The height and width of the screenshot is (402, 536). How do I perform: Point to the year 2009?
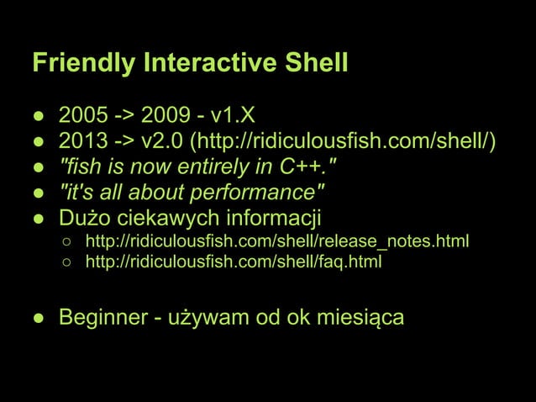(166, 114)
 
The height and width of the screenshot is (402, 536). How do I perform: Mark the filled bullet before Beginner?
(39, 319)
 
